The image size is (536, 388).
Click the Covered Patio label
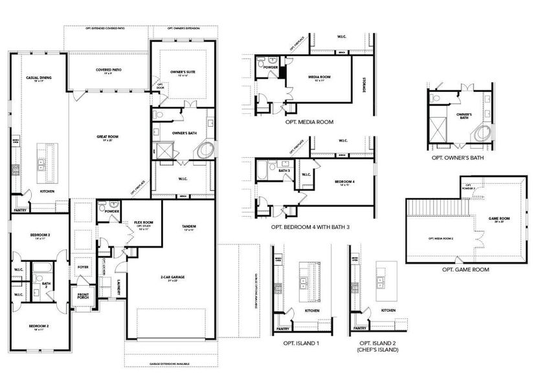pos(109,70)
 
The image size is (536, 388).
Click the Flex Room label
pos(143,223)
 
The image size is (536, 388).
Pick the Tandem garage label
pos(190,226)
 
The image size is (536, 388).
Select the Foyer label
pos(83,266)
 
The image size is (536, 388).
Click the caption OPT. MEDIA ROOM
pos(309,122)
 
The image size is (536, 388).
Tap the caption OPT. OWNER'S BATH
pos(458,158)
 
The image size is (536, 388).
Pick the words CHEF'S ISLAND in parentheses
pos(378,349)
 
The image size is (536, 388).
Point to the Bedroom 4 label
pos(344,181)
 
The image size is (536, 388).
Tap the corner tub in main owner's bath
pos(206,150)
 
